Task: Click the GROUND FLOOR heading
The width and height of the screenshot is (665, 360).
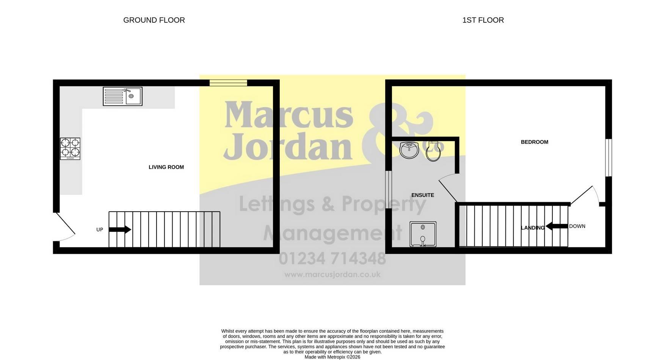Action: coord(154,20)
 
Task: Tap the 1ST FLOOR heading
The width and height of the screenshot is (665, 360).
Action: coord(483,20)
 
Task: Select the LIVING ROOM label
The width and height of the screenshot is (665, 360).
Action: coord(166,167)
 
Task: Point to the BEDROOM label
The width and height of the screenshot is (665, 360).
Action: coord(535,142)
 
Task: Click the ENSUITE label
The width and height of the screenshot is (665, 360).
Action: coord(423,195)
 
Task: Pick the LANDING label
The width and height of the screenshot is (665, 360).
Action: coord(533,228)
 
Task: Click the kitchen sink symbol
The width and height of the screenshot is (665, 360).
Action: coord(122,96)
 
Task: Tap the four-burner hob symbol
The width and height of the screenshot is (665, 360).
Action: coord(70,149)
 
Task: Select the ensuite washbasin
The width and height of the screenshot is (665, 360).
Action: coord(409,150)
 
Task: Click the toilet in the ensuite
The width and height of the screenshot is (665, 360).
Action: coord(433,151)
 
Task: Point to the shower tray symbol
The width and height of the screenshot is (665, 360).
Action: coord(423,234)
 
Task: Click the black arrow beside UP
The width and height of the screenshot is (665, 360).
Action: coord(120,230)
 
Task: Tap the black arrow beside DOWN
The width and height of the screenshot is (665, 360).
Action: coord(557,226)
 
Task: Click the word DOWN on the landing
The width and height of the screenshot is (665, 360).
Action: coord(577,226)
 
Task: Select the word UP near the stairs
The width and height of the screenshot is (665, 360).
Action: coord(100,230)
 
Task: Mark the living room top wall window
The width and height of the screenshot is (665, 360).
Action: coord(228,83)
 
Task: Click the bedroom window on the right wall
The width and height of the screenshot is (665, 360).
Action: coord(609,157)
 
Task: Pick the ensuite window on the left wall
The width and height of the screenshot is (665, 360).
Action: coord(388,190)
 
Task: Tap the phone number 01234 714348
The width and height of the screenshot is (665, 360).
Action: coord(332,259)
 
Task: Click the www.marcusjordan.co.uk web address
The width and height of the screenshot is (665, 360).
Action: coord(332,275)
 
